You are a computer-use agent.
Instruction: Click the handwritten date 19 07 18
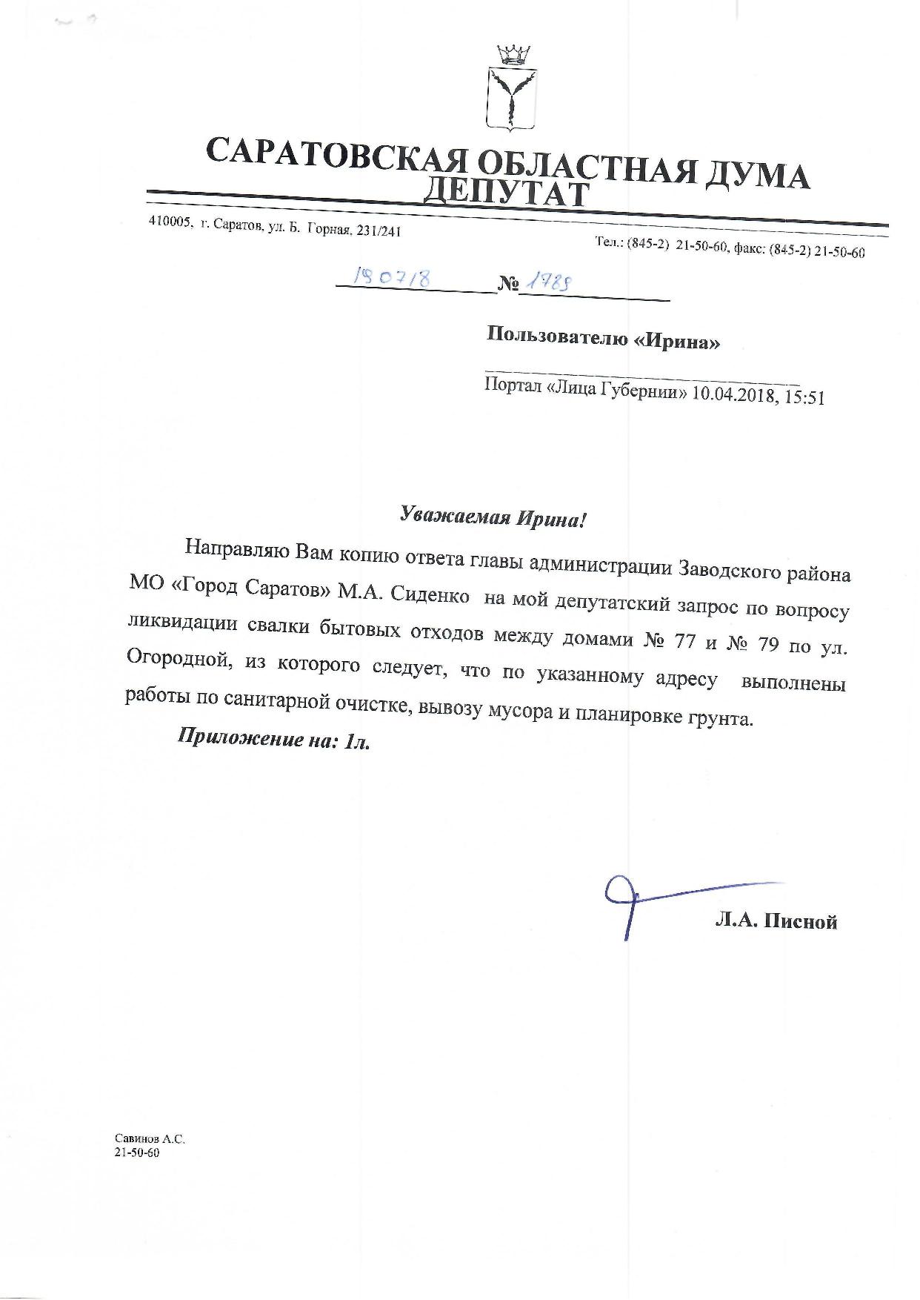[x=393, y=277]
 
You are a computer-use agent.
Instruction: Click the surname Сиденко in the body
[x=437, y=594]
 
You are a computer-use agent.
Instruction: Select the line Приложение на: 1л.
[x=273, y=740]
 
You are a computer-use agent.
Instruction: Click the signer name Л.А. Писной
[x=776, y=921]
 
